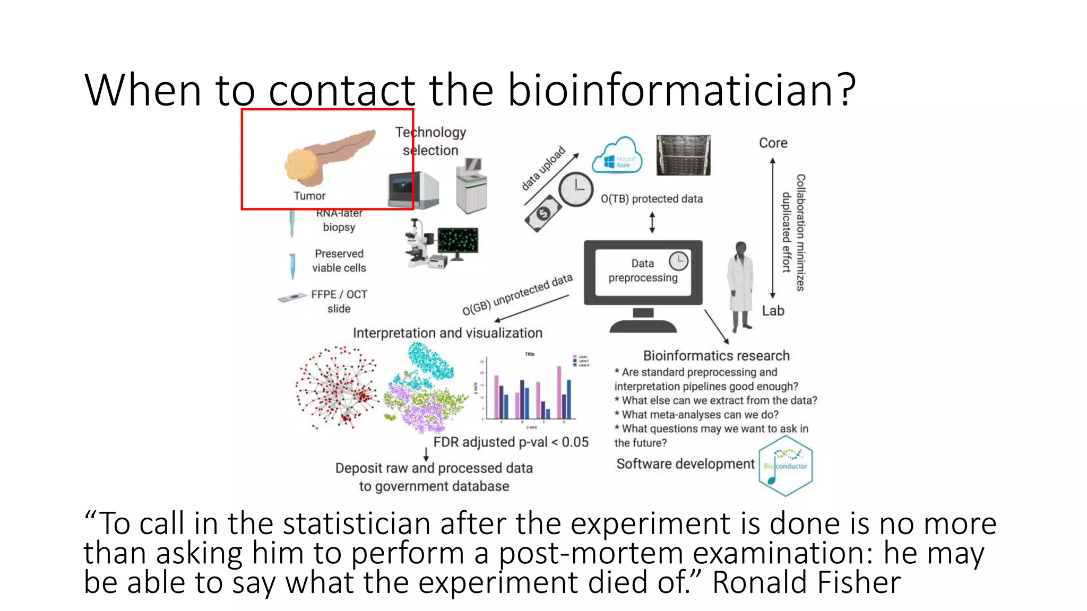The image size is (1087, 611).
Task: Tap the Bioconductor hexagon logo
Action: click(x=786, y=466)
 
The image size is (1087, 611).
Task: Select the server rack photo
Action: click(x=683, y=155)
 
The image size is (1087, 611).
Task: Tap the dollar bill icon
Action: click(x=543, y=213)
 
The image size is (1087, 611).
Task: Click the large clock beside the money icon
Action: click(x=576, y=189)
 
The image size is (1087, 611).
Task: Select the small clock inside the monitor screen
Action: click(x=678, y=261)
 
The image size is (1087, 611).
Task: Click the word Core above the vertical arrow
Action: click(x=773, y=143)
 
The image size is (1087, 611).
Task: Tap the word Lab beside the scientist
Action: click(x=773, y=311)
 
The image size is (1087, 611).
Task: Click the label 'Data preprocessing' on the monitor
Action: click(x=642, y=270)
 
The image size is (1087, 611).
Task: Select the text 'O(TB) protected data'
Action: click(x=651, y=199)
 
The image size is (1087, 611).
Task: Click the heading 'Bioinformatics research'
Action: click(x=716, y=356)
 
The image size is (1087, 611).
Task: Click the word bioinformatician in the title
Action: click(x=681, y=90)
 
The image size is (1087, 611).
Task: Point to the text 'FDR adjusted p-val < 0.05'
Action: click(x=511, y=442)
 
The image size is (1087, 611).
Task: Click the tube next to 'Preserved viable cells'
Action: click(x=292, y=266)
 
